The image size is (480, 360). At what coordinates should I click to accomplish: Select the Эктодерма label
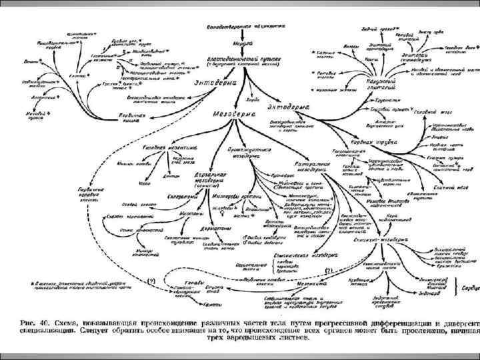point(288,106)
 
